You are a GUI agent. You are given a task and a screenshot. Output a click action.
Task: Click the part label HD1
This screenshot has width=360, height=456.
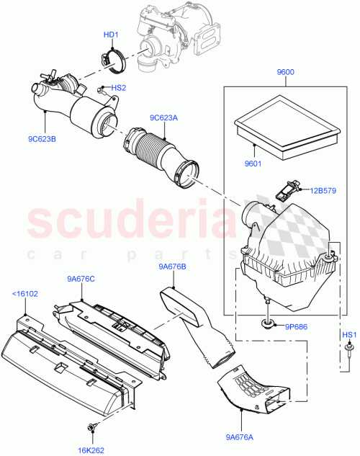[111, 35]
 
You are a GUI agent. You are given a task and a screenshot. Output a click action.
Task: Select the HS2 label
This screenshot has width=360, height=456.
[117, 88]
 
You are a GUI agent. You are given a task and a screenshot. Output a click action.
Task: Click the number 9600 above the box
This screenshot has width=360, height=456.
[286, 72]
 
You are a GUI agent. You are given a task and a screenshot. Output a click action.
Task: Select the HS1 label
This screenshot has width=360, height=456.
[348, 335]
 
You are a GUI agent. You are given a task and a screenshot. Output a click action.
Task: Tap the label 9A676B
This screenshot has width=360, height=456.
[173, 267]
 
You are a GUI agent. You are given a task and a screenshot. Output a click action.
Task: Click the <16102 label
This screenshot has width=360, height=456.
[24, 294]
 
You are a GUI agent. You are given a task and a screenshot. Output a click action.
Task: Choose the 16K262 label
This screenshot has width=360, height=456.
[91, 450]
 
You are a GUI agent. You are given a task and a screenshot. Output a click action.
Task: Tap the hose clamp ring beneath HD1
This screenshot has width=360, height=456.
[112, 58]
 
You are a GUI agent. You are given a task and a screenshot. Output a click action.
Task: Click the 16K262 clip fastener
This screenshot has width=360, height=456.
[92, 429]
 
